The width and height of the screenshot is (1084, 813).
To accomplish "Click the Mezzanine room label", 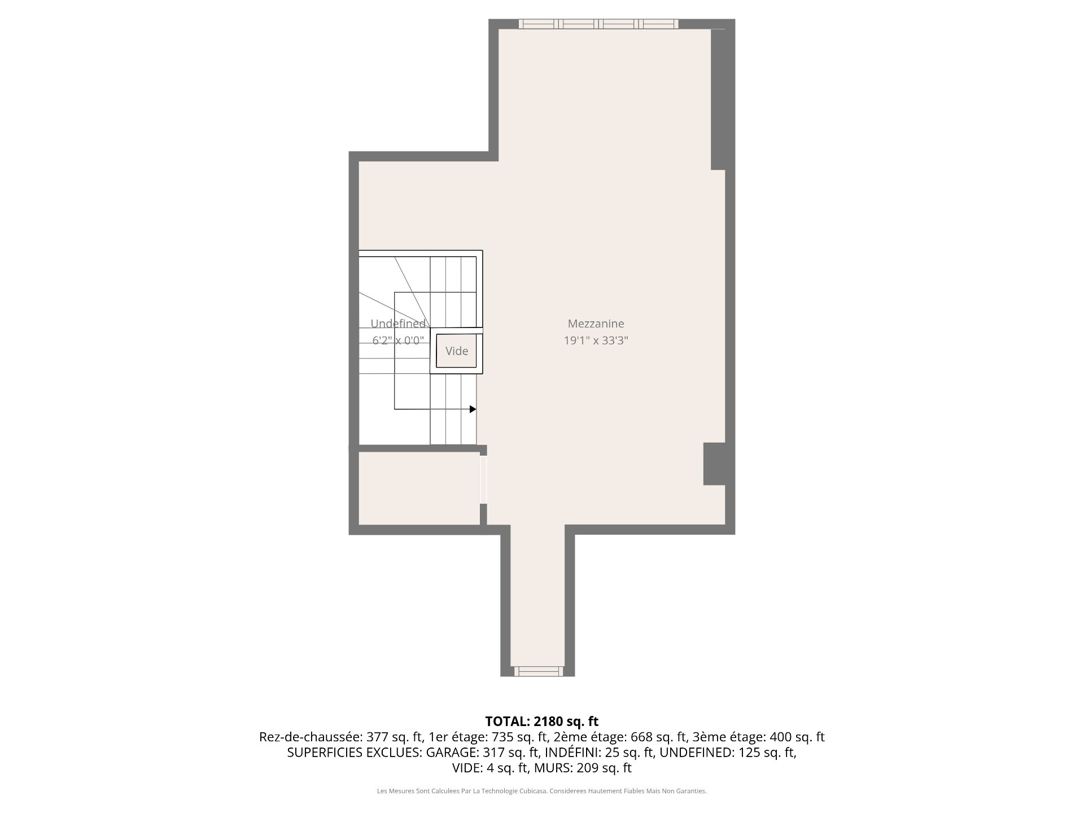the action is [596, 324].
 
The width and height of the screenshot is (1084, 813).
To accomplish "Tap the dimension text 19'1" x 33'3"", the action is [596, 340].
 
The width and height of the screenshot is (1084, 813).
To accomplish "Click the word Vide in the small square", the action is [457, 351].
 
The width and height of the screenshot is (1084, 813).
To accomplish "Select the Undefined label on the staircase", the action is [398, 324].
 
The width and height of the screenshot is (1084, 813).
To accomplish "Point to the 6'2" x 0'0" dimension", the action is [398, 340].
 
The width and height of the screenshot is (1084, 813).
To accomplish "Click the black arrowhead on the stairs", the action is [473, 409].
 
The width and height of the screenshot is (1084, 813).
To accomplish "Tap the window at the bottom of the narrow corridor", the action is [539, 671].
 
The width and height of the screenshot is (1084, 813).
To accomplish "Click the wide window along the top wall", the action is [598, 24].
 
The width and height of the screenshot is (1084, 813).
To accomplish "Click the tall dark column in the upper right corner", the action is [718, 99].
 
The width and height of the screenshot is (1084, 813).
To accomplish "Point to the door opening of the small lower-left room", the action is [483, 479].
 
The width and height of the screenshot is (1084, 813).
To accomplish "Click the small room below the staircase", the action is [419, 488].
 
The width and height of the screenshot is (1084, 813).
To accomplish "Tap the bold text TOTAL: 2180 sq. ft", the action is [542, 721].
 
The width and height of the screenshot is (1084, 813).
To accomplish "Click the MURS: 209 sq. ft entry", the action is [583, 768].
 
